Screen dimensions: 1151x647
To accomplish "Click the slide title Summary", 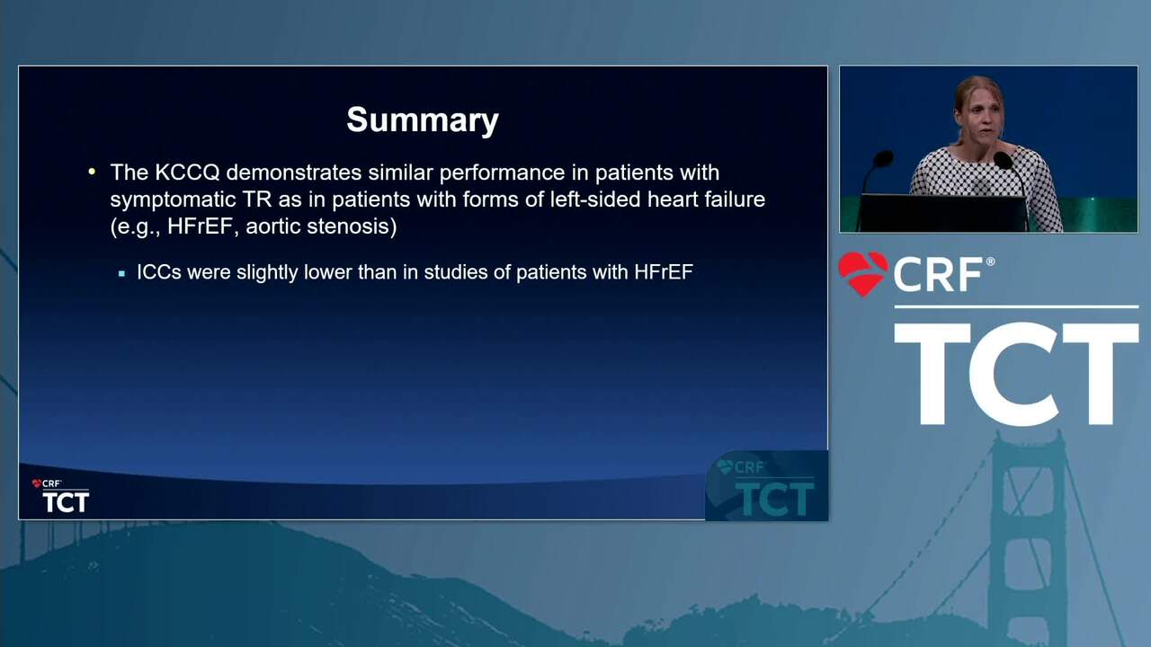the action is [423, 121].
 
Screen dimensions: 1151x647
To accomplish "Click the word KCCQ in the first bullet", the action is [187, 173].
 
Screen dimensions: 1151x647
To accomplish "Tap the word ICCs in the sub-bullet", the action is [159, 272].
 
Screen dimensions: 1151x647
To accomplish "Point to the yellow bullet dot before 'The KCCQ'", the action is [92, 172].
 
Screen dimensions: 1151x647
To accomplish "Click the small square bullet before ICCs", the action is [121, 274].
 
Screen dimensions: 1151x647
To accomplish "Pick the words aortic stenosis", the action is [321, 226].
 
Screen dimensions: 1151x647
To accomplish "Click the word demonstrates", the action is [294, 173].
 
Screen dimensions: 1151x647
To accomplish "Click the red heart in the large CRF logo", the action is [863, 274].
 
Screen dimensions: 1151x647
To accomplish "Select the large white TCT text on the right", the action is [1016, 375].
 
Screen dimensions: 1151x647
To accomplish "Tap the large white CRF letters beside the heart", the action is [938, 274].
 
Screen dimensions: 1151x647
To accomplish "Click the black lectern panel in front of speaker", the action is [943, 213].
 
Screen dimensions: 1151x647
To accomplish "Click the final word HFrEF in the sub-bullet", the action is [664, 272].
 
